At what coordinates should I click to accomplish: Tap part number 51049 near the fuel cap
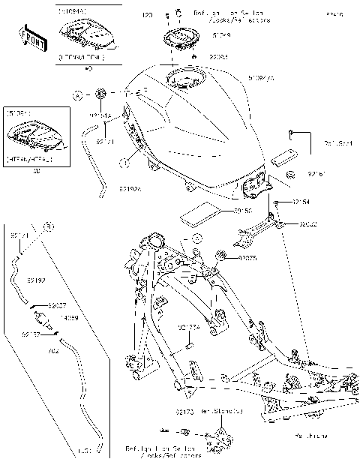[x=200, y=34]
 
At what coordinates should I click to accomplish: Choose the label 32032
[x=309, y=223]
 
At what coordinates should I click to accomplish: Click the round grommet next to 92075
[x=222, y=258]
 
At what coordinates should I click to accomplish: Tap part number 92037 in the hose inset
[x=58, y=306]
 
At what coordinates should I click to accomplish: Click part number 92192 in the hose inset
[x=37, y=280]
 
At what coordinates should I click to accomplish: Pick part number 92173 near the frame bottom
[x=185, y=412]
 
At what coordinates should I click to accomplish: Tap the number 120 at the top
[x=147, y=15]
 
